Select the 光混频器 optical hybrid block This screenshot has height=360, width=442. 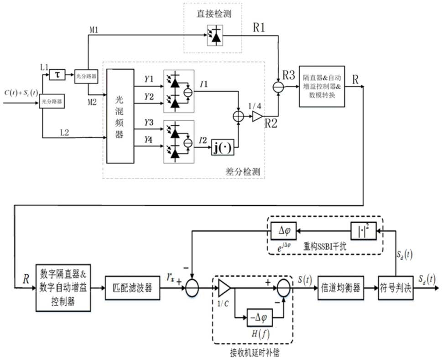120,116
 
